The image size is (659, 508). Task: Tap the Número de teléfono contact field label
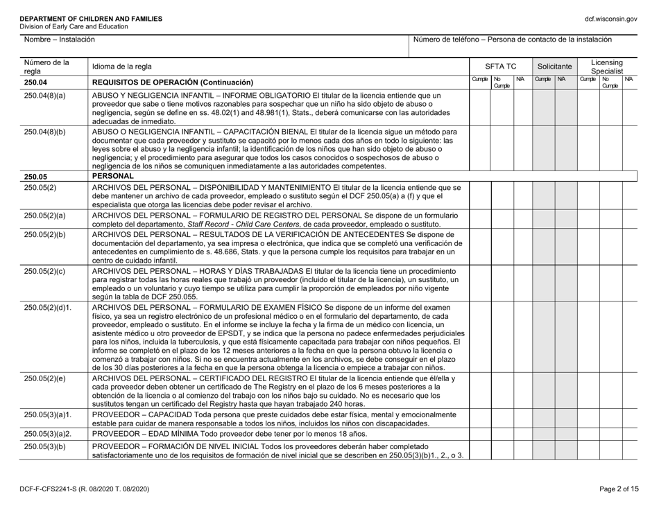tap(513, 42)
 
